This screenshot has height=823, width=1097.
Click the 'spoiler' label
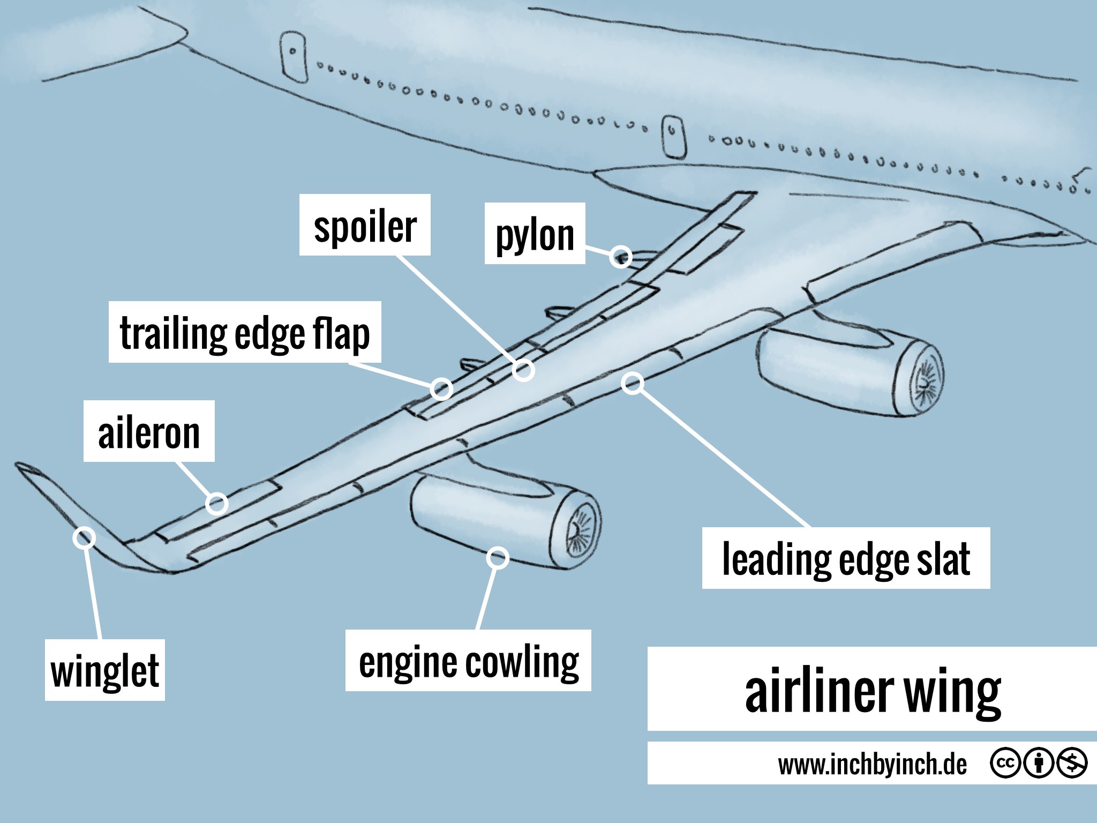(x=365, y=225)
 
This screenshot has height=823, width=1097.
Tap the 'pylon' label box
(x=535, y=234)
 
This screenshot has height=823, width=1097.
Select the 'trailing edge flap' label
(x=245, y=332)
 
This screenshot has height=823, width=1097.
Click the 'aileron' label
(x=149, y=431)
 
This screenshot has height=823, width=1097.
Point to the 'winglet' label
(x=105, y=670)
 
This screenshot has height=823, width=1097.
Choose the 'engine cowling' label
(x=468, y=661)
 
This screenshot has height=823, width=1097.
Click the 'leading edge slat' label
(x=846, y=558)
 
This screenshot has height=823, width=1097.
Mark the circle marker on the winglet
(x=85, y=537)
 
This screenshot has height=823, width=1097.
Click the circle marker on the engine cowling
(x=498, y=558)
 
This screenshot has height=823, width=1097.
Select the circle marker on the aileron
(x=216, y=504)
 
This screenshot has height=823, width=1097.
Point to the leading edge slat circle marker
(x=633, y=383)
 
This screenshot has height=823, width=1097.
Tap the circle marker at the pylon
(x=621, y=257)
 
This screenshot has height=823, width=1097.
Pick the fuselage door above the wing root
(x=674, y=136)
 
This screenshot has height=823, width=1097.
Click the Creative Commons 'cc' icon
(x=1005, y=763)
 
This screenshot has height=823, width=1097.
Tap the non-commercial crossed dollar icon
(x=1072, y=763)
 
